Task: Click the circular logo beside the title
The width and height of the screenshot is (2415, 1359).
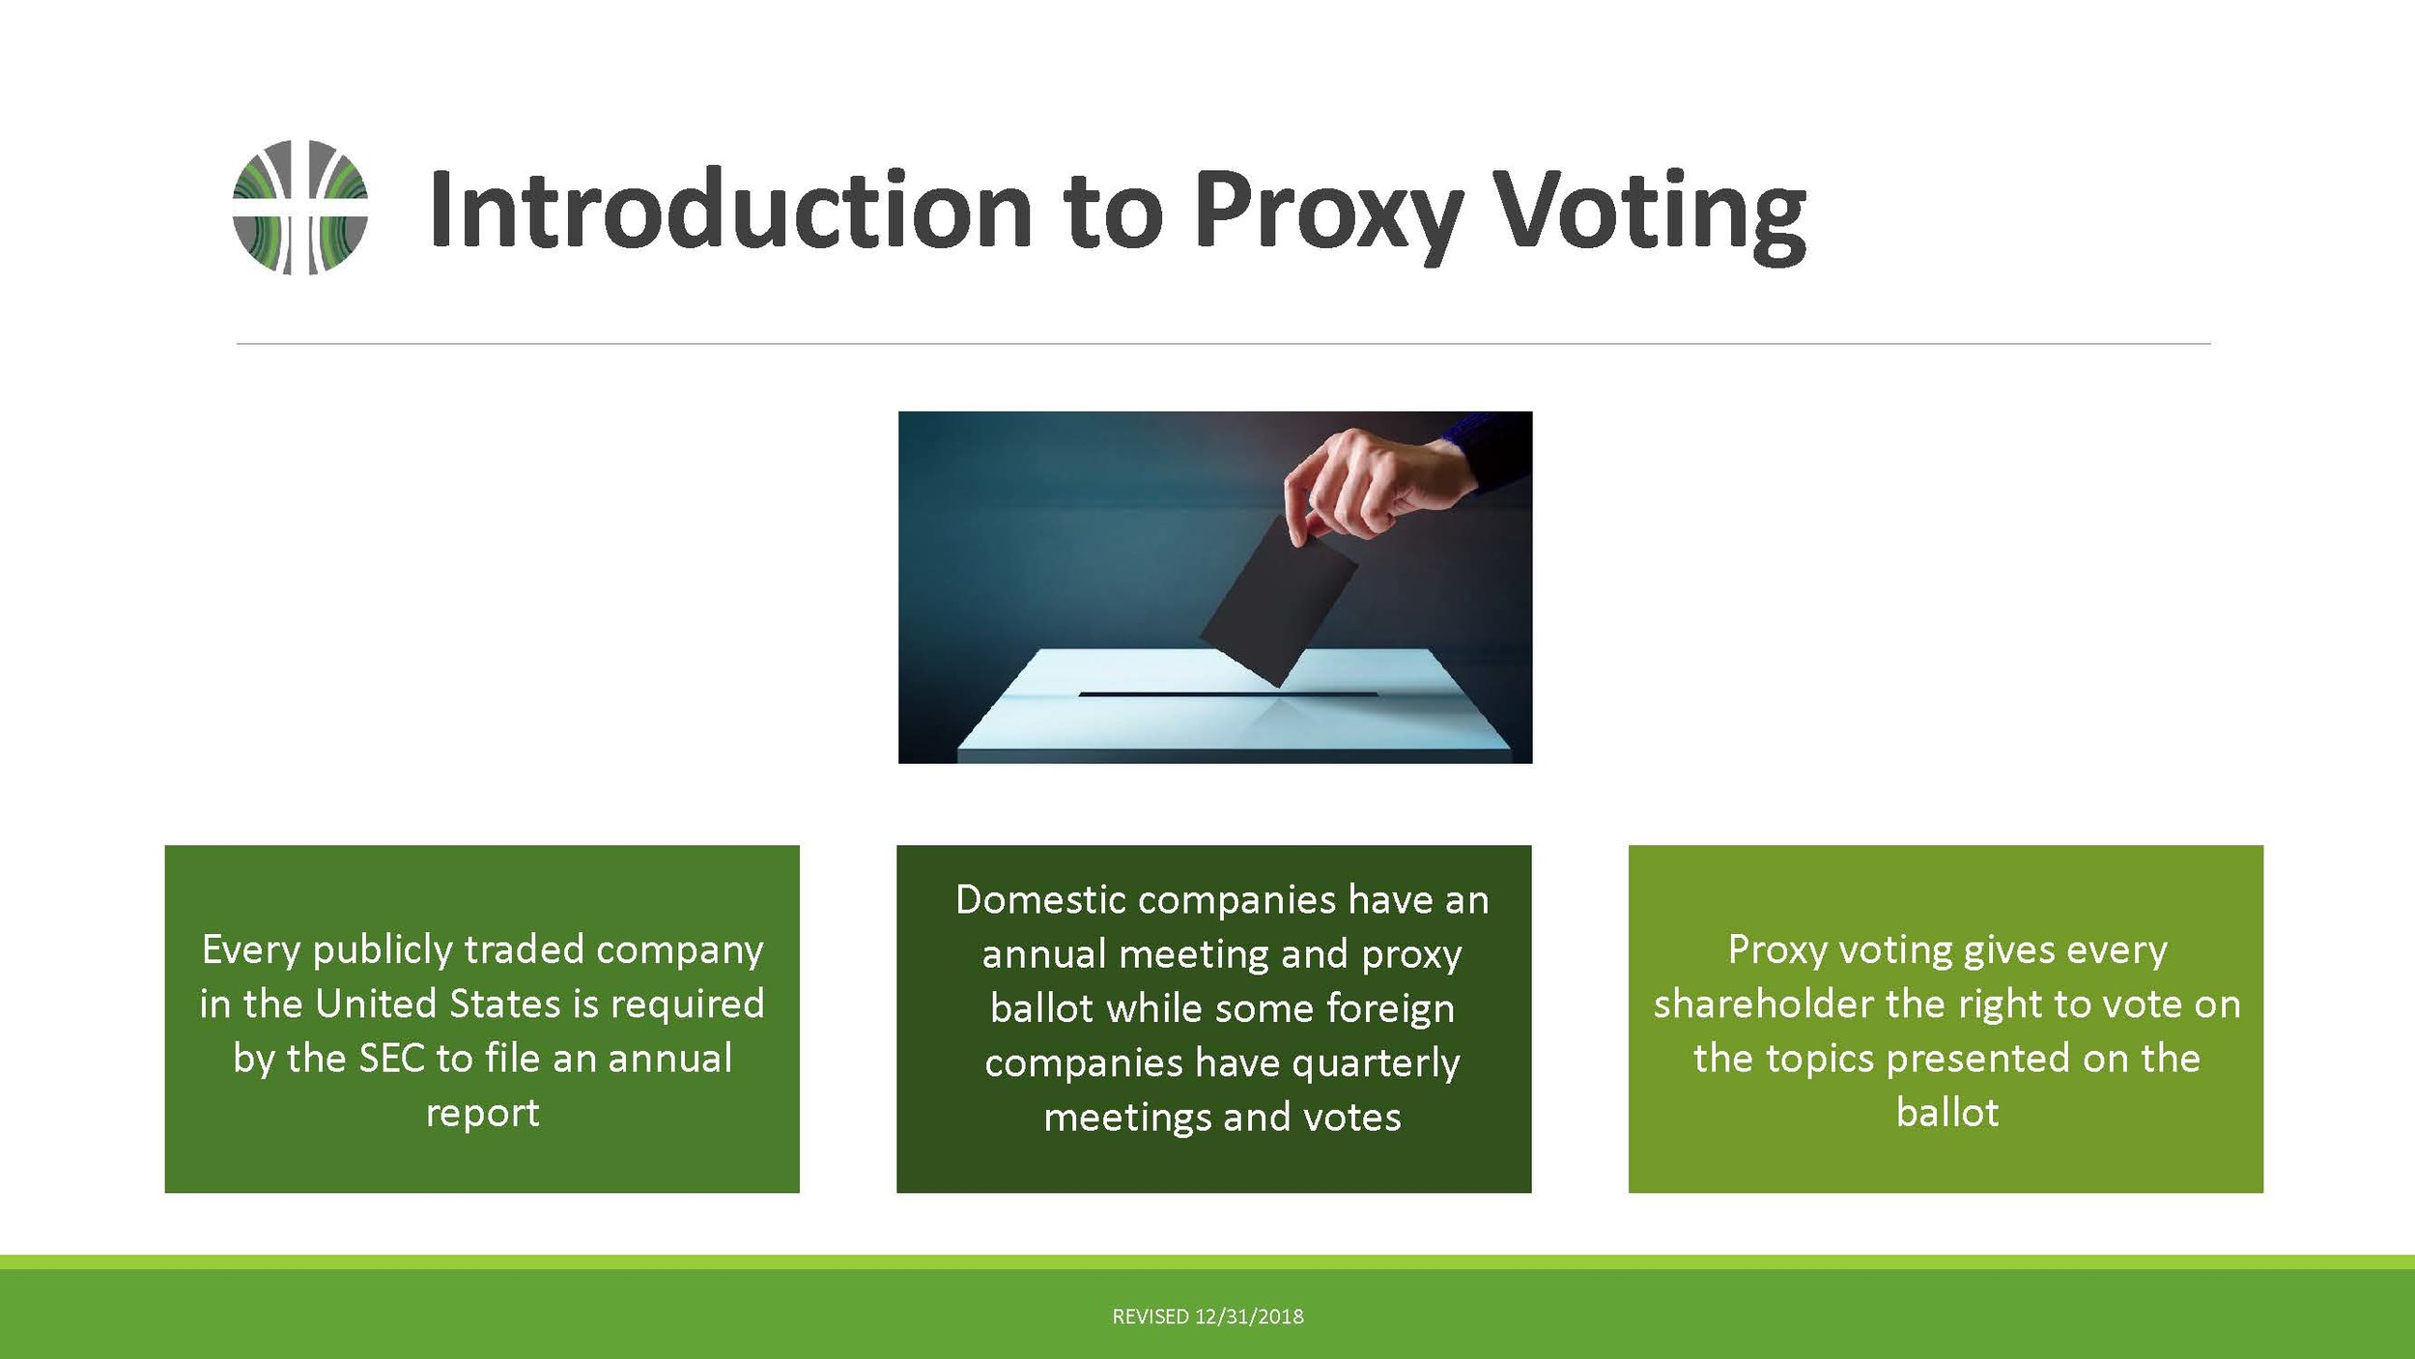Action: coord(300,207)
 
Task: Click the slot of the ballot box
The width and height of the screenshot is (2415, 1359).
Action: coord(1228,694)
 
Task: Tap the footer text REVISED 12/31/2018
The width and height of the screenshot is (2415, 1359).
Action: coord(1207,1317)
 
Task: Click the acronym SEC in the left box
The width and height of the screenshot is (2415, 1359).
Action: coord(391,1059)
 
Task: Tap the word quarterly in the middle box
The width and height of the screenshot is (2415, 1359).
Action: coord(1376,1064)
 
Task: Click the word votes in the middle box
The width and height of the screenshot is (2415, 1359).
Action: coord(1352,1118)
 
